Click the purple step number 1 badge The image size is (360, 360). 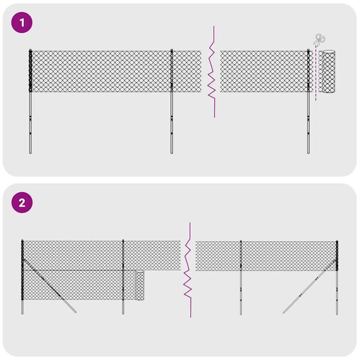(22, 23)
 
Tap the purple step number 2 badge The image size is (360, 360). (22, 203)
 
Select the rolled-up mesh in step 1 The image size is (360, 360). (328, 71)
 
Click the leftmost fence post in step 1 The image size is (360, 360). (30, 120)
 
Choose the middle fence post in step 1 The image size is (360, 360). (172, 120)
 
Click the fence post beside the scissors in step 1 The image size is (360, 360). (309, 120)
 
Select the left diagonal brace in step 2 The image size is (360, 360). (51, 284)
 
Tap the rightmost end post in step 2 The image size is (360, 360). (337, 288)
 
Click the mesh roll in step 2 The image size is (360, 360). (140, 286)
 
